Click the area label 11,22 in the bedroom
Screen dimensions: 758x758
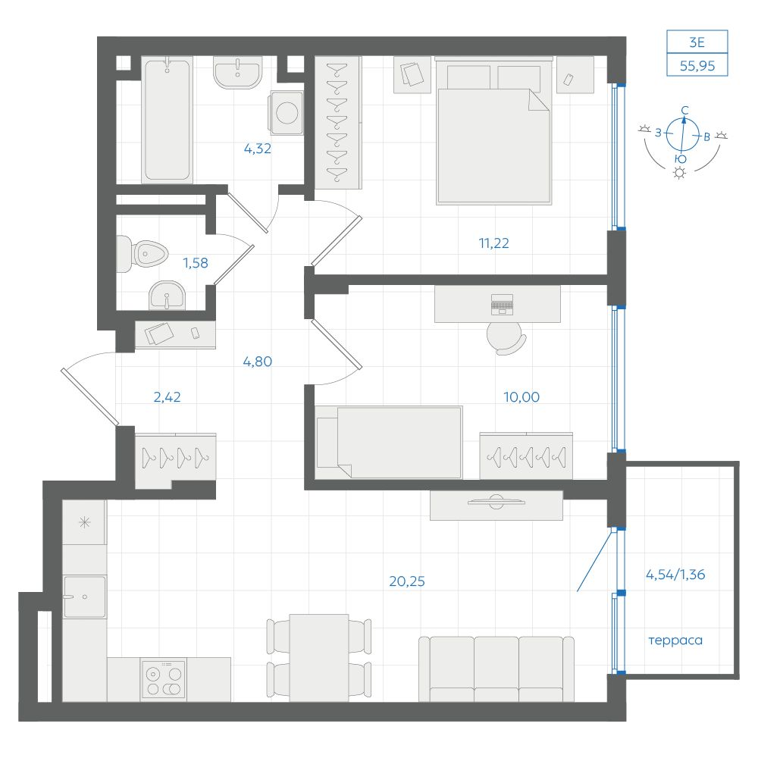pyautogui.click(x=493, y=243)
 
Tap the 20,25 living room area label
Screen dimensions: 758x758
pyautogui.click(x=406, y=581)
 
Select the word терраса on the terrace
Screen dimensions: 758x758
pyautogui.click(x=675, y=641)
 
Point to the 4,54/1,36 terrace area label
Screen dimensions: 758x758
pyautogui.click(x=675, y=575)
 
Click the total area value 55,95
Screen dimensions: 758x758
pyautogui.click(x=697, y=66)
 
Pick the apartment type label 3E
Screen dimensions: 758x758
pyautogui.click(x=697, y=42)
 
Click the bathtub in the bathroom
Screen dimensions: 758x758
pyautogui.click(x=168, y=120)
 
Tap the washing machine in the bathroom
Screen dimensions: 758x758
pyautogui.click(x=287, y=113)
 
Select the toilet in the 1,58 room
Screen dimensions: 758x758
pyautogui.click(x=143, y=253)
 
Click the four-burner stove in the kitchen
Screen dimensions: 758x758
pyautogui.click(x=164, y=680)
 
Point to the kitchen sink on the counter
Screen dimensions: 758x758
pyautogui.click(x=85, y=597)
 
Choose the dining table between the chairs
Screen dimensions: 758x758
pyautogui.click(x=319, y=657)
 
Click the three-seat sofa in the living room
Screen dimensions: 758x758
pyautogui.click(x=496, y=669)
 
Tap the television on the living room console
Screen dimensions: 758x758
pyautogui.click(x=496, y=502)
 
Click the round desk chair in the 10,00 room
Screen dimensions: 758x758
pyautogui.click(x=505, y=337)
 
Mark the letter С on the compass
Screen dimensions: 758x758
pyautogui.click(x=684, y=111)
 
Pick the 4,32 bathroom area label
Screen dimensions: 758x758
pyautogui.click(x=257, y=149)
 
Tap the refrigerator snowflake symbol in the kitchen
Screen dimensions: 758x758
pyautogui.click(x=85, y=522)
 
